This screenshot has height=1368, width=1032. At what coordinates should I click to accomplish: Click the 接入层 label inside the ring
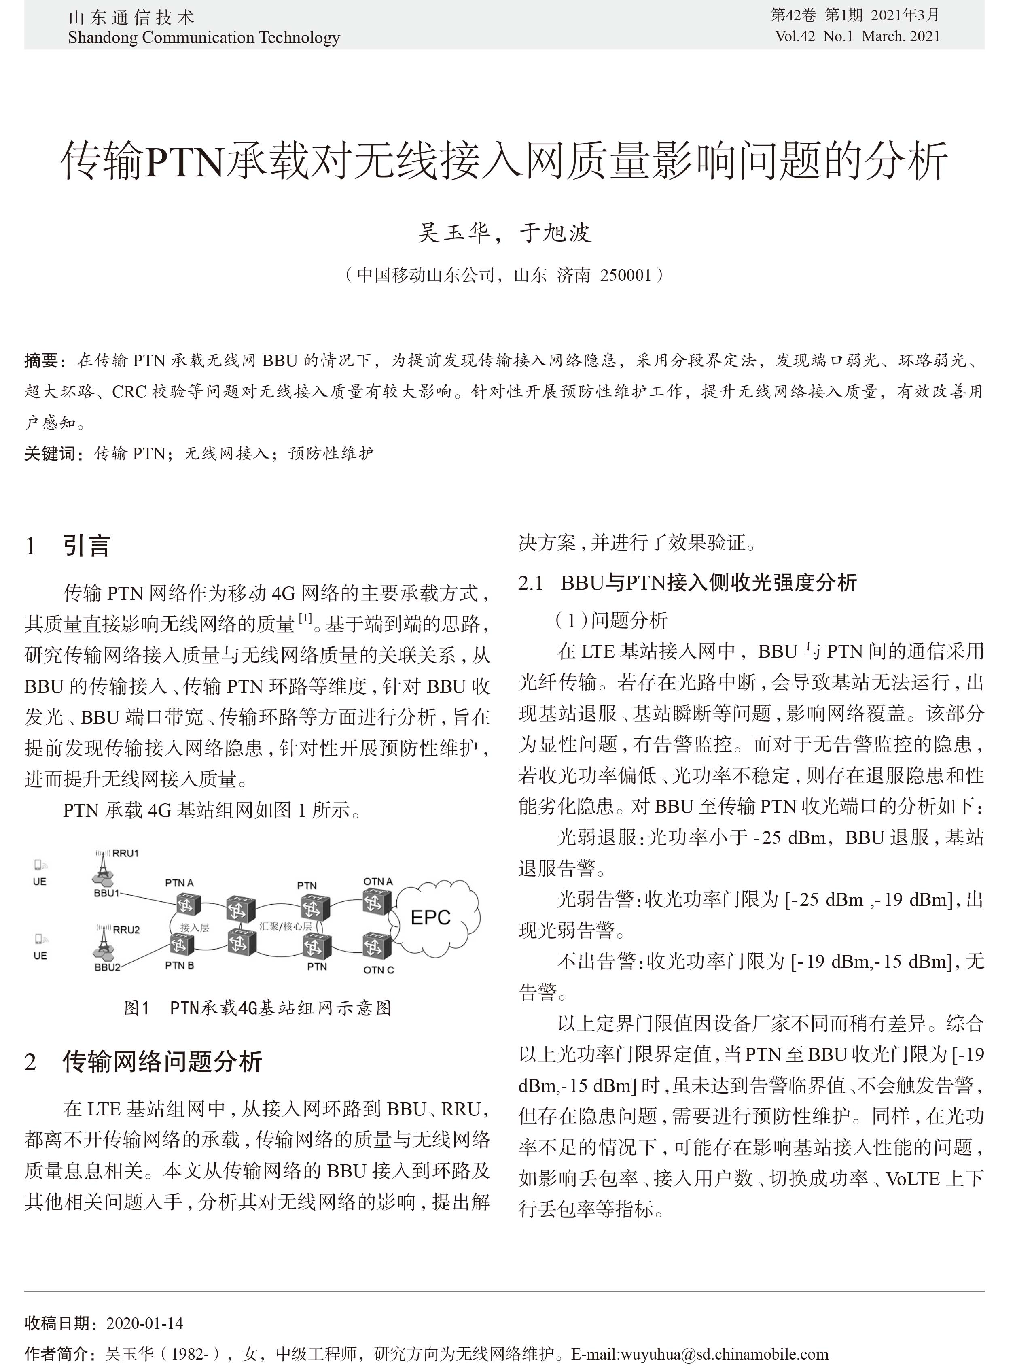(x=194, y=927)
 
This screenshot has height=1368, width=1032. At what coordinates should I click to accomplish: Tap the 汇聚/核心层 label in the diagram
(x=285, y=926)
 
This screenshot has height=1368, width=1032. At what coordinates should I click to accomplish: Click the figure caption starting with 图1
(x=257, y=1008)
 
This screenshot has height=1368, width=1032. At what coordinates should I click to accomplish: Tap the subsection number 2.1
(x=530, y=582)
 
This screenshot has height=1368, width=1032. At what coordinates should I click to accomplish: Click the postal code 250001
(x=626, y=274)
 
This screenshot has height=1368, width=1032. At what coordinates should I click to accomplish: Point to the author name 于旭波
(x=555, y=233)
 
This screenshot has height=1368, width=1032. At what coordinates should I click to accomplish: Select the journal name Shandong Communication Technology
(x=204, y=38)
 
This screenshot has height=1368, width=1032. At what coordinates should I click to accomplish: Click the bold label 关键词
(x=49, y=453)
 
